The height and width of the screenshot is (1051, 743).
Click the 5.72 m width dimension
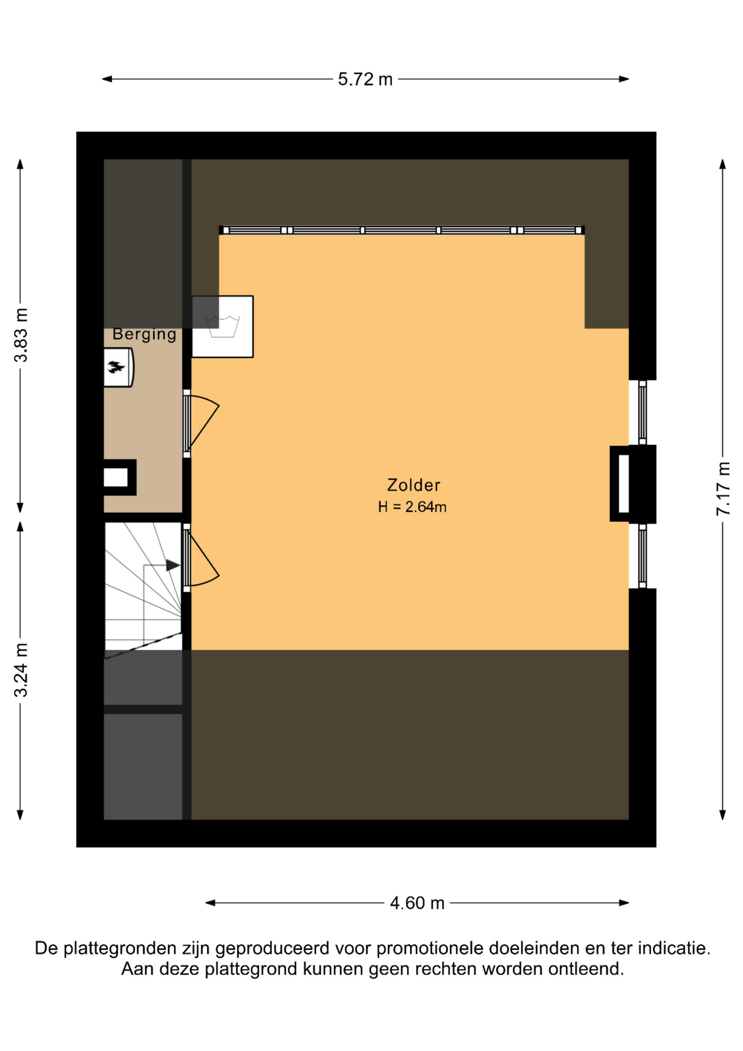(x=365, y=79)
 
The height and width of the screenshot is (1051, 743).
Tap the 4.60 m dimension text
(x=417, y=903)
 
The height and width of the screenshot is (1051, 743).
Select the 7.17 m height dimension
(x=723, y=488)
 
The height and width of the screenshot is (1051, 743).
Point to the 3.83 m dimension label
(x=21, y=335)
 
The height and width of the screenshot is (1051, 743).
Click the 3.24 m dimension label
(x=21, y=670)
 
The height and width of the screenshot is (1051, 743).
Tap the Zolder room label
(x=414, y=485)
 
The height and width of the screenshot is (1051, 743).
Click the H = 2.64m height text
(x=412, y=507)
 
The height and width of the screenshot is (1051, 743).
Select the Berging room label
(x=144, y=334)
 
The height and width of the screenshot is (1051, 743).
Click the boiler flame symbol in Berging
(x=116, y=367)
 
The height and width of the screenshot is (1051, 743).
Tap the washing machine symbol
(x=223, y=327)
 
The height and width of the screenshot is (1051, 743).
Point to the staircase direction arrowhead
(x=173, y=565)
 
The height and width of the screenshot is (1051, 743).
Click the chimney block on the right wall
(x=632, y=484)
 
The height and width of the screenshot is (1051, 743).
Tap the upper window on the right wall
(x=643, y=413)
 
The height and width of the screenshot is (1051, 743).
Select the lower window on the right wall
(x=643, y=556)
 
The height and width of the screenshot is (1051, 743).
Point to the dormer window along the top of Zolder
(x=402, y=230)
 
